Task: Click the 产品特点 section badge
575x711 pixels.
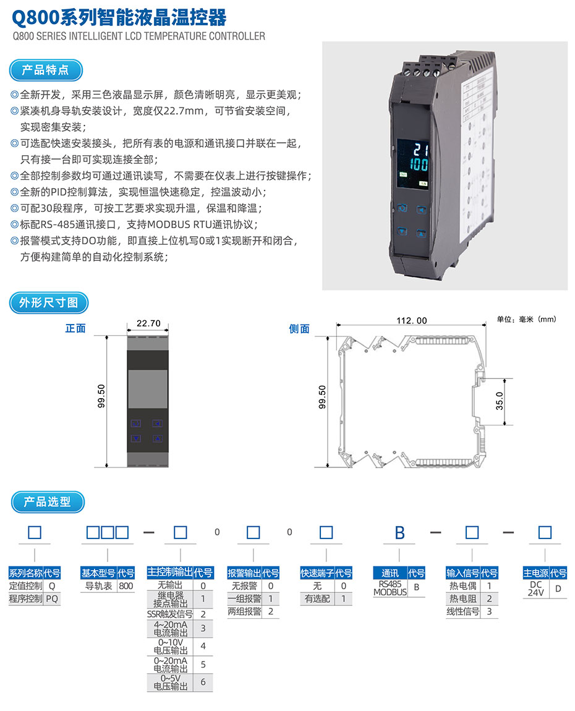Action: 46,70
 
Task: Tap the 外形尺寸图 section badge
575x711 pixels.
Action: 49,303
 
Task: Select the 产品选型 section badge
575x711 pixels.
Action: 48,502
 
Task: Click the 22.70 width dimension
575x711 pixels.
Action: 148,323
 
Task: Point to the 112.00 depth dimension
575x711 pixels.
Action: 411,320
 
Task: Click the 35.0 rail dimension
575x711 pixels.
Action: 500,401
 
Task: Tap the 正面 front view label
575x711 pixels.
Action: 75,328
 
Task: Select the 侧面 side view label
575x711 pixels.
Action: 299,329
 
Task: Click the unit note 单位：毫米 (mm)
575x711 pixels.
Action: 526,319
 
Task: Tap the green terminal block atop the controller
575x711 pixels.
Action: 428,67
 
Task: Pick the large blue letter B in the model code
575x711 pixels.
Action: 400,533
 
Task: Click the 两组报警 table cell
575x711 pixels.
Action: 244,611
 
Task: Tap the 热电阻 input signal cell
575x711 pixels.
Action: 462,598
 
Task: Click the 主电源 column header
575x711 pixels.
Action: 535,573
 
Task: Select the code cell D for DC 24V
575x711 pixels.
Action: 558,589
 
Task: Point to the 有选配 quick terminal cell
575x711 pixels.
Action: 317,598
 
